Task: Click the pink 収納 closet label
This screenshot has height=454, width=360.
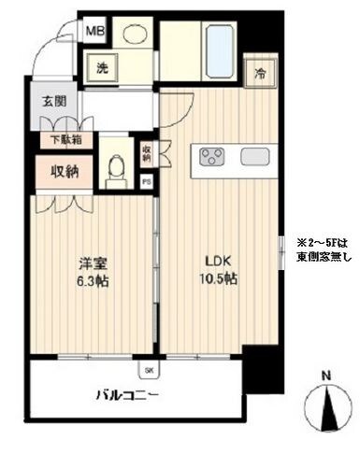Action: [58, 171]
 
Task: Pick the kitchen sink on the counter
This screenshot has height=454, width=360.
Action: [255, 155]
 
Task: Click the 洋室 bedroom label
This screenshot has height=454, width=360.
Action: [87, 264]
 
